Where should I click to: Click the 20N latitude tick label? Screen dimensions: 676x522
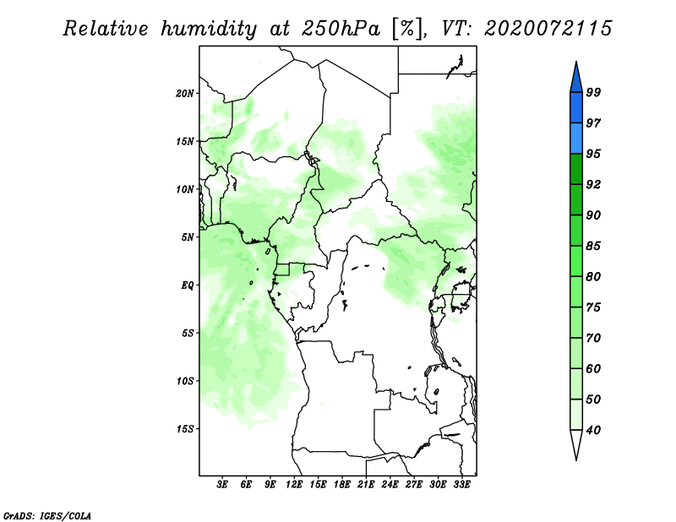[x=185, y=94]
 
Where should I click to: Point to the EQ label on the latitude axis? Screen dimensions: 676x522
[x=188, y=285]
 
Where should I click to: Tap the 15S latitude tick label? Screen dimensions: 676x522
[x=185, y=429]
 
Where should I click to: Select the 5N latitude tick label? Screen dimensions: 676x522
[x=188, y=237]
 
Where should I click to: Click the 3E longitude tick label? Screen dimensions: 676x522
[x=222, y=485]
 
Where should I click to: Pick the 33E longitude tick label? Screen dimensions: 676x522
[x=461, y=485]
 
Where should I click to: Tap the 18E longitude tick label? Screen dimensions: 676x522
[x=342, y=485]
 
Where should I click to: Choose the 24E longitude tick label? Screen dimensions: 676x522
[x=390, y=485]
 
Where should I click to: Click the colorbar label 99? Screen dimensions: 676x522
[x=593, y=92]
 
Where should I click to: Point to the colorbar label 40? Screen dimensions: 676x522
[x=593, y=430]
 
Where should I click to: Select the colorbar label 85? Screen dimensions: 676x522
[x=593, y=246]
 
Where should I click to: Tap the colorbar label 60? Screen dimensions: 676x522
[x=593, y=369]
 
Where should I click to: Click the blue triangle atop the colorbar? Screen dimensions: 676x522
[x=576, y=78]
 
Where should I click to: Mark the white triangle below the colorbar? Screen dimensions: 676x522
[x=576, y=444]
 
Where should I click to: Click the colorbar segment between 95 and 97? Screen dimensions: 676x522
[x=576, y=139]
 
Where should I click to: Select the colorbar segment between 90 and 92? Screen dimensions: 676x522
[x=576, y=200]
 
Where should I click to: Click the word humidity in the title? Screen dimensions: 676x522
[x=209, y=30]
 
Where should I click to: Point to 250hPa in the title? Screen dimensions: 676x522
[x=341, y=29]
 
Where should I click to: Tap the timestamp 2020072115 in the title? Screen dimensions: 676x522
[x=548, y=29]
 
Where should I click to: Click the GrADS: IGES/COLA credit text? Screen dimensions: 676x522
[x=47, y=516]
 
